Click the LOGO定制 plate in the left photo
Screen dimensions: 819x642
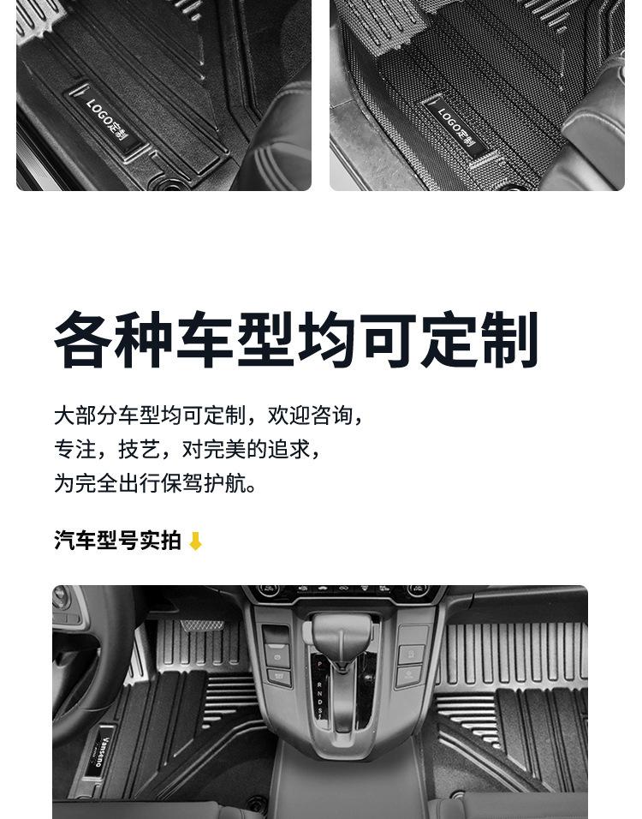(106, 120)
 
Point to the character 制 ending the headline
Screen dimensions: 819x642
(510, 340)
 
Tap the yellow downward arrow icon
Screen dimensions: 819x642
(195, 541)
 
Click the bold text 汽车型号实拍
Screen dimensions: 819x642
(117, 541)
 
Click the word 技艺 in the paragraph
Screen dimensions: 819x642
(139, 449)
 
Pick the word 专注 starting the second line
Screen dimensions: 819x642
(74, 449)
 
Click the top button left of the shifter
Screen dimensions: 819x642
(277, 635)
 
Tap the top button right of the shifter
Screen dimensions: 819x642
(413, 635)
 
